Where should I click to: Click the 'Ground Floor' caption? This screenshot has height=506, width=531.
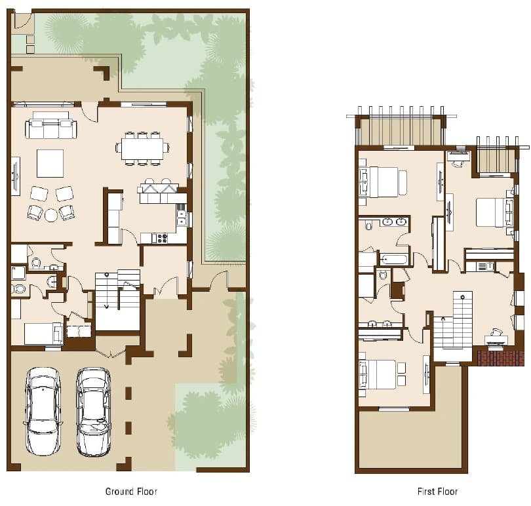point(131,492)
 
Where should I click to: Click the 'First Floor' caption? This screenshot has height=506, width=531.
point(437,492)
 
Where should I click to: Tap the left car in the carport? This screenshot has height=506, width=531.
point(43,412)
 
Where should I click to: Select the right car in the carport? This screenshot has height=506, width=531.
point(93,412)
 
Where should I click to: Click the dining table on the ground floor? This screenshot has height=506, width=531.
point(142,148)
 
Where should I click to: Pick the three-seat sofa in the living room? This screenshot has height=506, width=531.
point(51,128)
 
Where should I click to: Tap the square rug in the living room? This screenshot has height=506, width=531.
point(50,163)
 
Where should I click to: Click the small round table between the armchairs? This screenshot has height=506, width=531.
point(51,215)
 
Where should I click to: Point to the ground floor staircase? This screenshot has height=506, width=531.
point(117,300)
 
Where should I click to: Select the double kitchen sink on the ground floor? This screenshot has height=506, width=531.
point(182,218)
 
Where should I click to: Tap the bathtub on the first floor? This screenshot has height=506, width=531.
point(393,260)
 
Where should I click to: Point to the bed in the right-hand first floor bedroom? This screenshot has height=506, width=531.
point(494,212)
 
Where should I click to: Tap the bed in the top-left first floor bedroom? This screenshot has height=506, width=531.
point(379,182)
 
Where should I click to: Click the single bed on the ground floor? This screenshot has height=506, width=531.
point(43,334)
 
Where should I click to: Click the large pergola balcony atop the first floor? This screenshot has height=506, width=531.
point(401,130)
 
